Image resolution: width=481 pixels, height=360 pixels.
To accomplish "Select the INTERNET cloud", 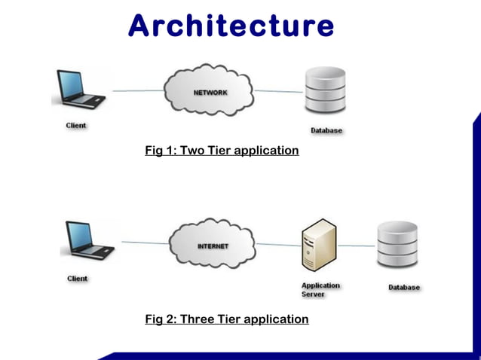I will (x=213, y=246).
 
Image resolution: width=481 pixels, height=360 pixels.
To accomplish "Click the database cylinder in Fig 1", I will (x=325, y=92).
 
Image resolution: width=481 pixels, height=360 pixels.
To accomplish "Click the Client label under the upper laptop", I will (x=75, y=125).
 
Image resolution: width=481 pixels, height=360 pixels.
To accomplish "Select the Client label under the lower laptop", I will (x=78, y=278).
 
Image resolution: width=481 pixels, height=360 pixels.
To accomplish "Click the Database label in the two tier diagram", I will (x=326, y=130).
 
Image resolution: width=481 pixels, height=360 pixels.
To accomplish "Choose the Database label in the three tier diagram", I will (x=404, y=287).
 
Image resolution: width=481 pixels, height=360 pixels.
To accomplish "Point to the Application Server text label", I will (x=320, y=290).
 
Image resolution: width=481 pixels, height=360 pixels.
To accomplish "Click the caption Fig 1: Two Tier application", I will (x=222, y=151).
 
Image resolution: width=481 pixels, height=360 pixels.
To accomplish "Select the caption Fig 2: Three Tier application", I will (x=226, y=319).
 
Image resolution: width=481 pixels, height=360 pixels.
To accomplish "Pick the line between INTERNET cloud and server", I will (x=277, y=244).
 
